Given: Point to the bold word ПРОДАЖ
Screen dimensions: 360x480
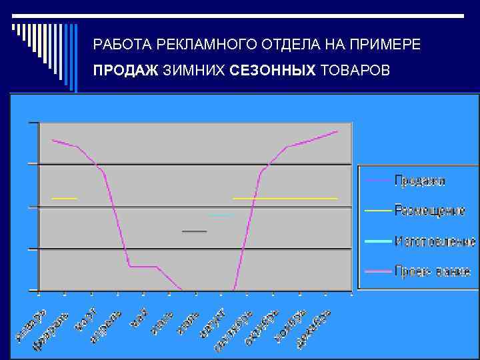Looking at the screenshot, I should tap(125, 71).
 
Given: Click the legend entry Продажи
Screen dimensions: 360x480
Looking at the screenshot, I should tap(419, 180).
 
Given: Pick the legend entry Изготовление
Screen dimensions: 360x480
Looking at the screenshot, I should tap(435, 241).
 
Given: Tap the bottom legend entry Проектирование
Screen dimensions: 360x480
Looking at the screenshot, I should tap(432, 271).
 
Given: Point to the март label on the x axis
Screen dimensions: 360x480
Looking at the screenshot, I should tap(87, 319).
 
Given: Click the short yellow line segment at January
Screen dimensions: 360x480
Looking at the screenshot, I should tap(64, 199).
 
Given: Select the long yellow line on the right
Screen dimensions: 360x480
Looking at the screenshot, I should tap(285, 199).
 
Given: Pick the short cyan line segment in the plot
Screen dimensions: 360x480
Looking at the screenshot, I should tap(221, 215).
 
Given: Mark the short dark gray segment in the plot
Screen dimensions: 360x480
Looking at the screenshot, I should tap(195, 231).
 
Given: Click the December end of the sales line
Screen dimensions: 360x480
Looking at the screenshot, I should tap(337, 131).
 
